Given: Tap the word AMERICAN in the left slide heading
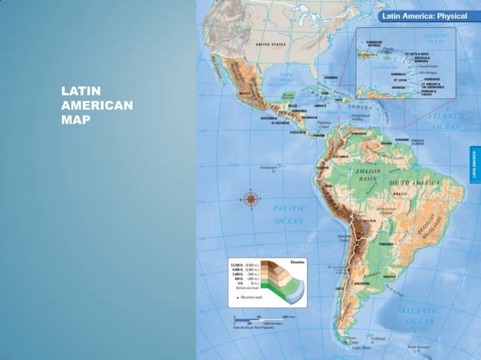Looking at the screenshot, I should coord(97,106).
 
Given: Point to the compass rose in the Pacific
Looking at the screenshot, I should coord(250,199).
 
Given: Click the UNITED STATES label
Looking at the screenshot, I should coord(272,44).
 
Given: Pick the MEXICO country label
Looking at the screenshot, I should coord(247,93).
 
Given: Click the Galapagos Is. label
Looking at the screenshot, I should coord(267,168).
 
